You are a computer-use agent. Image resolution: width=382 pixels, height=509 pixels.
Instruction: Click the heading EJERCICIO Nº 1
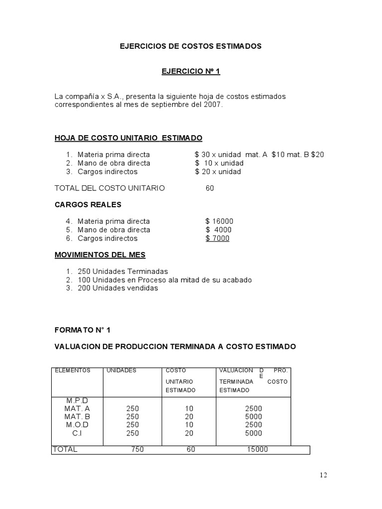tap(191, 72)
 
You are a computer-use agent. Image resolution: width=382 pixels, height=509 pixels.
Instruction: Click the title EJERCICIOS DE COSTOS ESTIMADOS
tap(191, 46)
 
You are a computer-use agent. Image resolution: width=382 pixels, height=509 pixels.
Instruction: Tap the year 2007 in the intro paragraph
tap(213, 105)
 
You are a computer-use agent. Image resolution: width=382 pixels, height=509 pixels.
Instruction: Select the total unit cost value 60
tap(210, 188)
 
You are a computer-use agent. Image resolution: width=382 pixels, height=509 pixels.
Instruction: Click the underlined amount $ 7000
tap(217, 239)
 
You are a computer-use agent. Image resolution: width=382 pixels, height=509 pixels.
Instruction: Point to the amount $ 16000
tap(219, 222)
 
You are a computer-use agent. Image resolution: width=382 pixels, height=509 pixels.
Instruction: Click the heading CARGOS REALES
tap(88, 205)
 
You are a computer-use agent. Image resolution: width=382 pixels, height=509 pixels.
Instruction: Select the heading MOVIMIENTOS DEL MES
tap(100, 255)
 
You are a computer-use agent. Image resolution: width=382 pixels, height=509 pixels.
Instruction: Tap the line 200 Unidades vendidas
tap(117, 288)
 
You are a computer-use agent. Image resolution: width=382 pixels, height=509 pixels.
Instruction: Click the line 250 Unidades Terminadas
tap(122, 272)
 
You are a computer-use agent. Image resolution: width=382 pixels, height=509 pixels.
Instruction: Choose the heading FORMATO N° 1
tap(83, 330)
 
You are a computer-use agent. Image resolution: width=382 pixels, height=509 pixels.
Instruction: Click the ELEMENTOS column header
tap(73, 371)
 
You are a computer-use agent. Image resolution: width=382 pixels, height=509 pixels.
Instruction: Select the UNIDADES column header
tap(121, 371)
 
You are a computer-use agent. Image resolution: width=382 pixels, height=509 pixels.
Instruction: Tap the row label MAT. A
tap(77, 409)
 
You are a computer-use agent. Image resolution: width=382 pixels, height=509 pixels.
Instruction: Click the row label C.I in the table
tap(77, 433)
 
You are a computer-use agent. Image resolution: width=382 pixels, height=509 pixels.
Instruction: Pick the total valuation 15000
tap(257, 450)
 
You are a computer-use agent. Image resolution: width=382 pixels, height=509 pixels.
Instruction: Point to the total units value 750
tap(138, 450)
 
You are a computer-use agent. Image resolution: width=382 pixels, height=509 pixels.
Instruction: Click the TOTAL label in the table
tap(65, 450)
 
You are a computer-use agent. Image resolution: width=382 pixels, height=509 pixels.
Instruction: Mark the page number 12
tap(323, 475)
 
